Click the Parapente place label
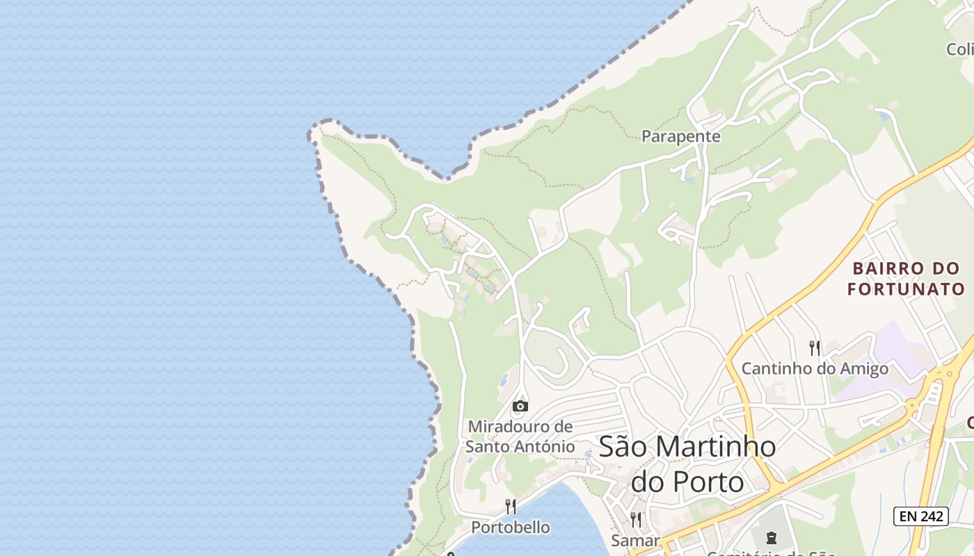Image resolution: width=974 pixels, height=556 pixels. [680, 136]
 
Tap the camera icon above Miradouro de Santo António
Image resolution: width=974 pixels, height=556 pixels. [520, 407]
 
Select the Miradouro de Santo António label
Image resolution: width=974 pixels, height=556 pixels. [520, 436]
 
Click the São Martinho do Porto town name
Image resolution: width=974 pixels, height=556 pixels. [687, 464]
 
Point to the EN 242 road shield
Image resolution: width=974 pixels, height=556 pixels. [921, 516]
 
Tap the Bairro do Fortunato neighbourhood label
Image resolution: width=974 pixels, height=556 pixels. [906, 279]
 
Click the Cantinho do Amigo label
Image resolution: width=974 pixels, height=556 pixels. [815, 368]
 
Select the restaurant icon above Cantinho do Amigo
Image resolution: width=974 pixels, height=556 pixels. [814, 347]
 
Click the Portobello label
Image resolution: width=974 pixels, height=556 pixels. [511, 528]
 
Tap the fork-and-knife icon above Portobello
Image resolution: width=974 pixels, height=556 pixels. [511, 506]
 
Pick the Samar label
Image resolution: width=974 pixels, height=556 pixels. [635, 540]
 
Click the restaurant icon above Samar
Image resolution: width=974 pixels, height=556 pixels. [635, 519]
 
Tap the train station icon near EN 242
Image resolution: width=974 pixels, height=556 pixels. [771, 537]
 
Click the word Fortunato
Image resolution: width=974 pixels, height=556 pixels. [906, 289]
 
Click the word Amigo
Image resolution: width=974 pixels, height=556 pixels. [863, 368]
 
